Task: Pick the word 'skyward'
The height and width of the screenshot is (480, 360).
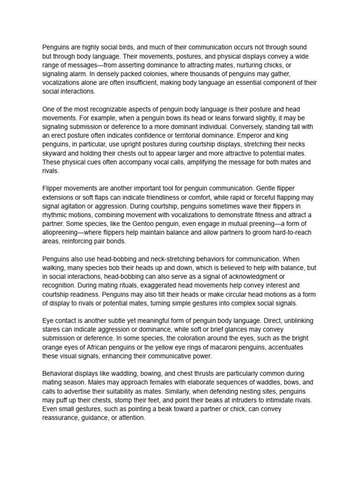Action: point(54,153)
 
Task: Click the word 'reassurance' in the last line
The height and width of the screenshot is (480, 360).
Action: point(61,418)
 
